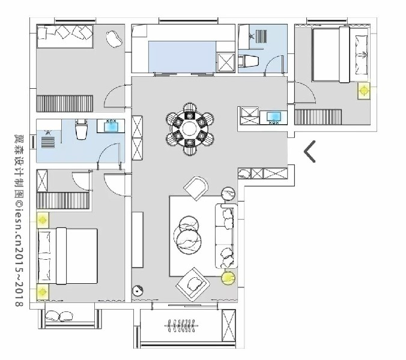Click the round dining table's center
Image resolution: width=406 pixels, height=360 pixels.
coord(190,128)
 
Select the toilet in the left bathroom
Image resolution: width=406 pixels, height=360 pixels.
coord(81,128)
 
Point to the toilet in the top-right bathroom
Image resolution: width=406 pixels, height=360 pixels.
coord(248,61)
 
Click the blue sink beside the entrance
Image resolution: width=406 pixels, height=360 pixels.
coord(274,116)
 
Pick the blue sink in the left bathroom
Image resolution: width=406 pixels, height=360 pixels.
coord(111,127)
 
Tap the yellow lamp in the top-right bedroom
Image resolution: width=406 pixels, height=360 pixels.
coord(364,91)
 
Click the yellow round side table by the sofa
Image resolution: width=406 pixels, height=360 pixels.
coord(228,277)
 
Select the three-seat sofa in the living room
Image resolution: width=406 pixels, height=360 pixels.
coord(226,236)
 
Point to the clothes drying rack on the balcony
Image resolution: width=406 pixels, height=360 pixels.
coord(181,326)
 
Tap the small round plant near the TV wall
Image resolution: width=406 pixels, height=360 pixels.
coord(138,291)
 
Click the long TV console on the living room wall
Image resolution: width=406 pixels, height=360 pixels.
coord(138,240)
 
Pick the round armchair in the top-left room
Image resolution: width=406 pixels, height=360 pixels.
coord(114,39)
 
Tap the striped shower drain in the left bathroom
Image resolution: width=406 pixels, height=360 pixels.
coord(48,143)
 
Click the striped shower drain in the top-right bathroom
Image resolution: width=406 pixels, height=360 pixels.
coord(261,37)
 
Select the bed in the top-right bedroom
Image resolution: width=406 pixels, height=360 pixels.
coord(340,55)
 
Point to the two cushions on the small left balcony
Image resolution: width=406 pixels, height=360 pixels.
coord(59,316)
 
